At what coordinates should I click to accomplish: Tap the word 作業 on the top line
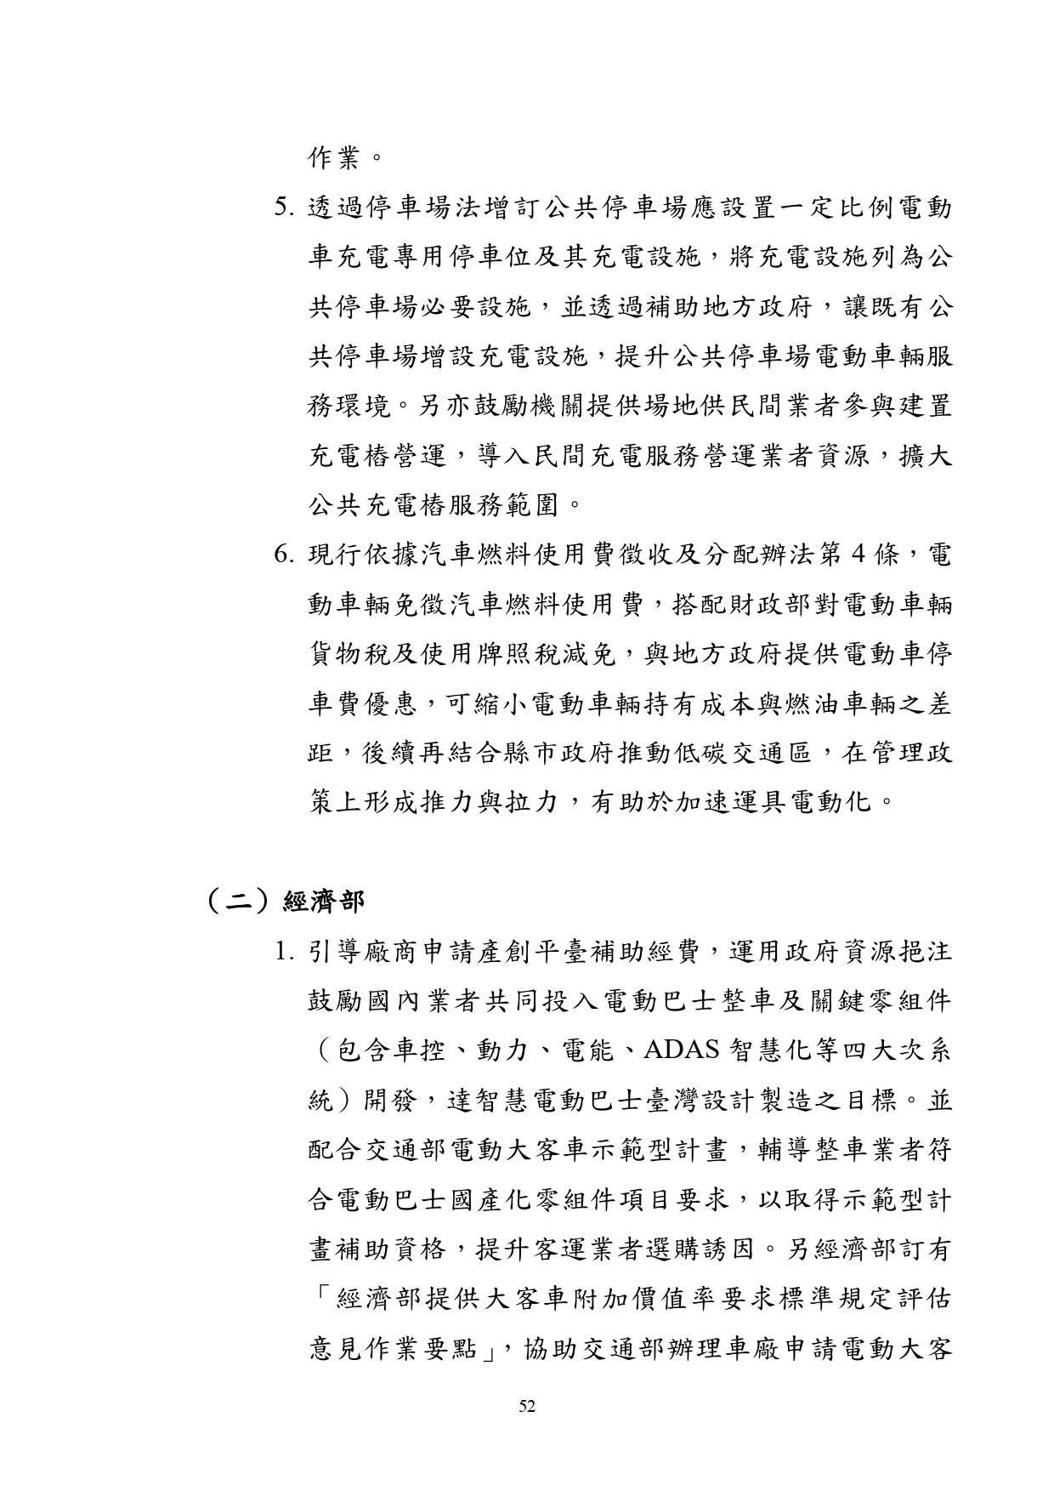coord(334,158)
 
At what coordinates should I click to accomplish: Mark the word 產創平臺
coord(535,953)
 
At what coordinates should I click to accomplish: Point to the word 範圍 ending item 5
coord(533,507)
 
